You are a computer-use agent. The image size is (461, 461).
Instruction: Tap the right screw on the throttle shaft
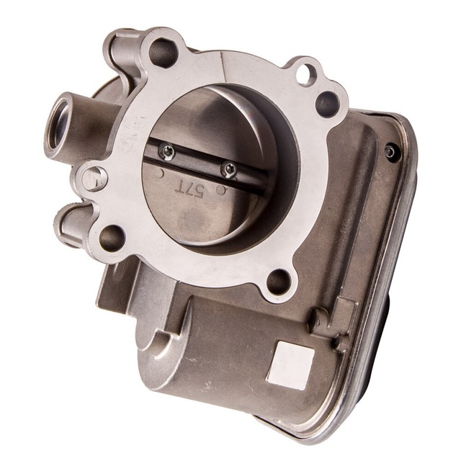pos(229,169)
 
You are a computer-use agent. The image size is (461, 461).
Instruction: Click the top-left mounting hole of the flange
pos(162,53)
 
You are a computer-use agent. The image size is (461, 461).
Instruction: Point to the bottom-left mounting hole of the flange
pos(112,238)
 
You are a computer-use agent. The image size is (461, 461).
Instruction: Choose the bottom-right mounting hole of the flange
pos(279,281)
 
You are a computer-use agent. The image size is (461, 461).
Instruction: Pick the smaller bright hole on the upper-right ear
pos(305,71)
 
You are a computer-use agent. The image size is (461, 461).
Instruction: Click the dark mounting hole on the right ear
pos(326,104)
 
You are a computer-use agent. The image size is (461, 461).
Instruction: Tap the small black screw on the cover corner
pos(390,151)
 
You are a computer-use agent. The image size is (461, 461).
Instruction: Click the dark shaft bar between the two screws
pos(199,160)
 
